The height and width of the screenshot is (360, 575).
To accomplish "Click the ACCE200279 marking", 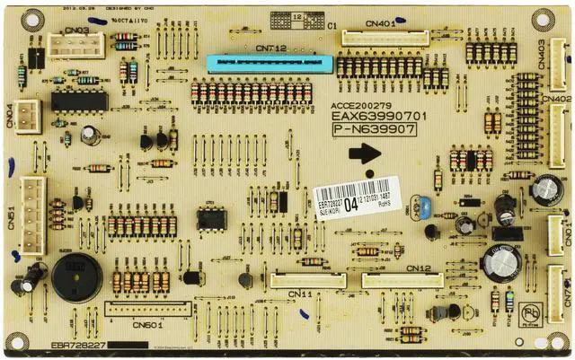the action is click(x=360, y=104).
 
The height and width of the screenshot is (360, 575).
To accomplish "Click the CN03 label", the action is click(x=76, y=30).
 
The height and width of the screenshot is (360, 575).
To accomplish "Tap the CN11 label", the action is click(x=301, y=294).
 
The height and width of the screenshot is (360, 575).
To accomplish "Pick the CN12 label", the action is click(x=419, y=268).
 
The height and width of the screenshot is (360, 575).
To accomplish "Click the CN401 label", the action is click(x=381, y=24).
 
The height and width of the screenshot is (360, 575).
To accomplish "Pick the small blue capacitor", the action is click(x=420, y=213).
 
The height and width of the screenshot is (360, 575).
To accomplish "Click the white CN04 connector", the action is click(x=27, y=116).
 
